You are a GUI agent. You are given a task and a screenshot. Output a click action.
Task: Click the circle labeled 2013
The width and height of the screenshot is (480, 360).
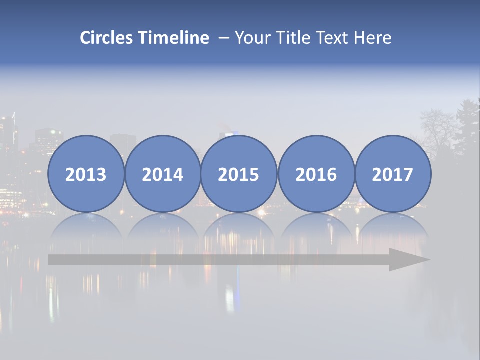point(86,174)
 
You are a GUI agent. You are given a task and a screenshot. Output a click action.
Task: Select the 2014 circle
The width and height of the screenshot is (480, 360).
point(163,174)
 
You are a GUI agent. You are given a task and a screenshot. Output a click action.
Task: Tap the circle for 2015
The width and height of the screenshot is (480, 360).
point(239,174)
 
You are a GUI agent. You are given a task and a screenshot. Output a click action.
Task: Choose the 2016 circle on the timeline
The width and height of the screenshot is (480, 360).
point(316,174)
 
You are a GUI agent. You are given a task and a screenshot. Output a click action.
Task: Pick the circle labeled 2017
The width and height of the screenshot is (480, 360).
point(393,174)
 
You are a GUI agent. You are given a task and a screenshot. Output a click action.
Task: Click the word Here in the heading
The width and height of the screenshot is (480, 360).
point(373,38)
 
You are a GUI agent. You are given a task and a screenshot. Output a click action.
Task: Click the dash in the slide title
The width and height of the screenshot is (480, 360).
point(224,38)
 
